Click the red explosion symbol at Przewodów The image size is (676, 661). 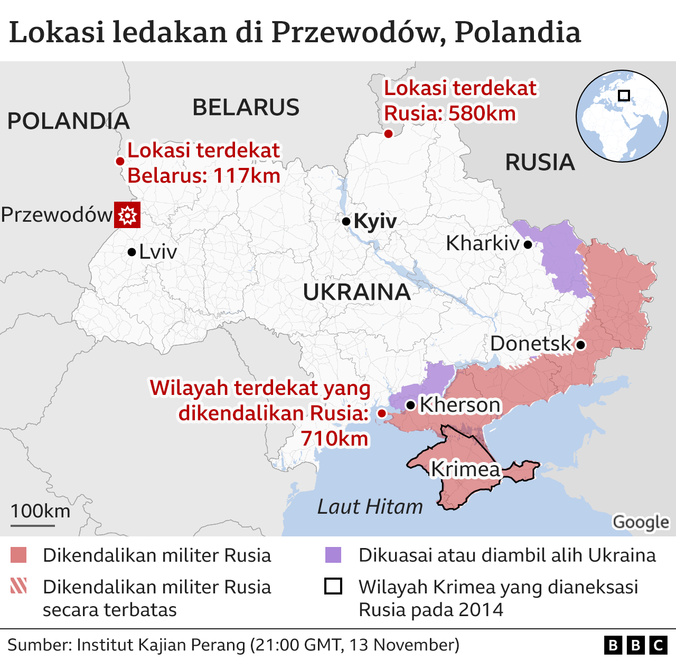127,215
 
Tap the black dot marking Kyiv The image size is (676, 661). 346,221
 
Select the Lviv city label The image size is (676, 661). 158,252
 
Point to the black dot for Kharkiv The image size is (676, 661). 528,244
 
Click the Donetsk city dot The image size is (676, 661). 580,345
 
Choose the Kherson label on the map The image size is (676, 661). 460,405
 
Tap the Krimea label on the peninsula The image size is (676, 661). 465,469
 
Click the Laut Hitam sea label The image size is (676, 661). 370,507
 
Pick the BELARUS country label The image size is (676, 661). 246,108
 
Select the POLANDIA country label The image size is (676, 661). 68,121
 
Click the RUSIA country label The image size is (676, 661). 540,163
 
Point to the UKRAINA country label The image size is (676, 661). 356,292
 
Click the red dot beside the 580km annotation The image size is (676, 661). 388,134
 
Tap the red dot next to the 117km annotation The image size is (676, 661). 120,162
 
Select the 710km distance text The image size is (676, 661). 334,438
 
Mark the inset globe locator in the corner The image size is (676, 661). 622,116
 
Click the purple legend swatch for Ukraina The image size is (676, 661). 333,555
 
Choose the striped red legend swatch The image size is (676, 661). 18,586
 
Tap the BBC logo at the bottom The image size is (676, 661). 635,645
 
